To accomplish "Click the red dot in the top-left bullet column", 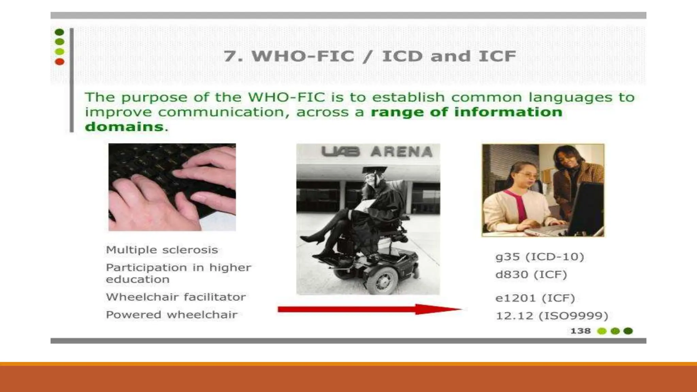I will pos(60,62).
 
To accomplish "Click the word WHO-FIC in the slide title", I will pos(303,56).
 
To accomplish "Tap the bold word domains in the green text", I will pos(124,127).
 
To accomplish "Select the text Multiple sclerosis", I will pos(162,250).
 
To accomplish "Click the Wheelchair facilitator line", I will pos(176,297).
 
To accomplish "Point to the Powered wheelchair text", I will pos(172,315).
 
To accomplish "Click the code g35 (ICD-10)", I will pos(540,257).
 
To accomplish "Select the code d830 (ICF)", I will pos(531,275).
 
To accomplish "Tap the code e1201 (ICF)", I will pos(535,298).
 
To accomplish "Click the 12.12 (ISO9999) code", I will pos(552,316).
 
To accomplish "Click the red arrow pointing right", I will pos(369,309).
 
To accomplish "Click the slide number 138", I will pos(580,331).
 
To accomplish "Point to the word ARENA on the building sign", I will pos(402,152).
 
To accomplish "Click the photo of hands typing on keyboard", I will pos(172,187).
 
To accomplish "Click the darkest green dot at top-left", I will pos(60,32).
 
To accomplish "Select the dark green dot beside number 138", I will pos(628,331).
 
